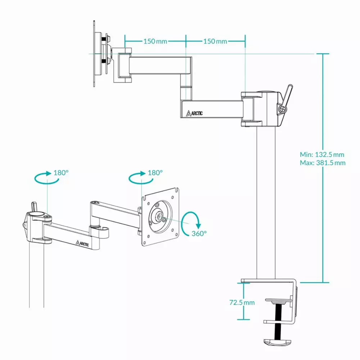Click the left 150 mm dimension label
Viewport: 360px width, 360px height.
pyautogui.click(x=155, y=41)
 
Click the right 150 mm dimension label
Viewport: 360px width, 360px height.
pyautogui.click(x=215, y=41)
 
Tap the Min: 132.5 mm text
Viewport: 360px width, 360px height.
pyautogui.click(x=322, y=154)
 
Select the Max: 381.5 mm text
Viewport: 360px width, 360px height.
pyautogui.click(x=323, y=163)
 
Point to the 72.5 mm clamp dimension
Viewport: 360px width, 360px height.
pyautogui.click(x=242, y=302)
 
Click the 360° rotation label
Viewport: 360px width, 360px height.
pyautogui.click(x=199, y=234)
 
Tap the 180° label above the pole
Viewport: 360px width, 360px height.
pyautogui.click(x=61, y=173)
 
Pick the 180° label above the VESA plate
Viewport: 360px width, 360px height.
pyautogui.click(x=155, y=173)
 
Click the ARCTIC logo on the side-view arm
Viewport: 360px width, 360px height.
pyautogui.click(x=194, y=113)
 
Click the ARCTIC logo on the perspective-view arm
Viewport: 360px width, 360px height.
pyautogui.click(x=82, y=243)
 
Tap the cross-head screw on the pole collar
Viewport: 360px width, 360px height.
pyautogui.click(x=282, y=109)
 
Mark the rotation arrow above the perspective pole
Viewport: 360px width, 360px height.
pyautogui.click(x=46, y=177)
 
